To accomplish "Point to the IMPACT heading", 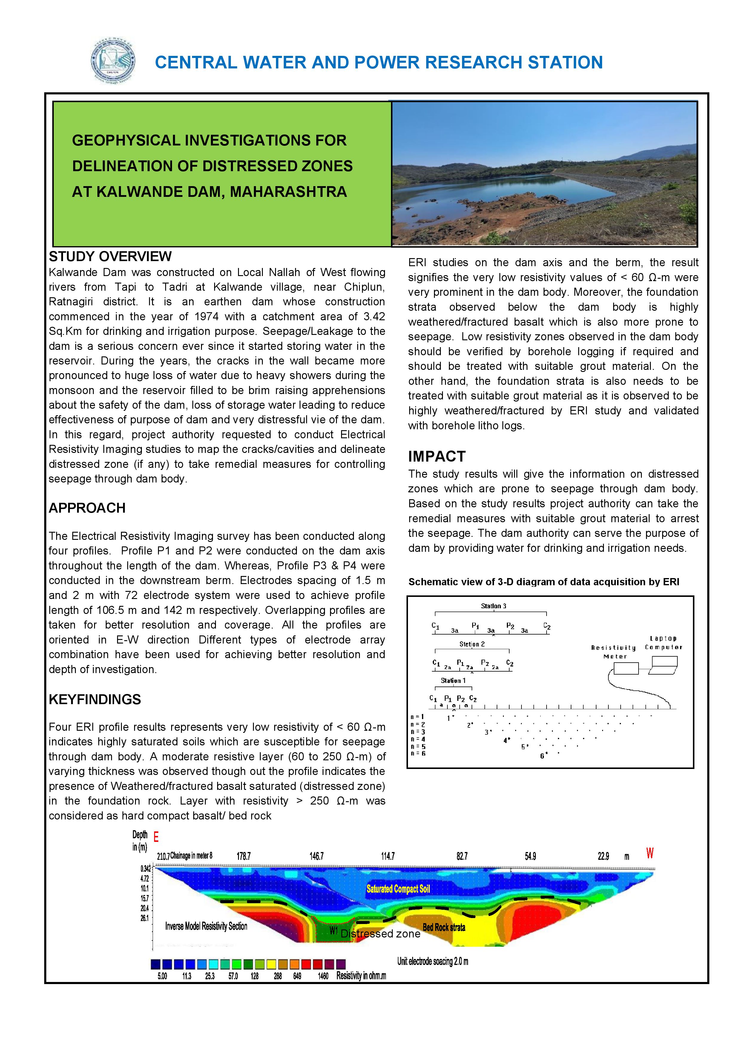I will click(437, 456).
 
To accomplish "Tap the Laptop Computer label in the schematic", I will click(663, 643).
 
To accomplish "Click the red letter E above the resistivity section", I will click(156, 837).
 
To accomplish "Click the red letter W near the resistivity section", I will click(650, 853).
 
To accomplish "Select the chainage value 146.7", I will click(316, 856).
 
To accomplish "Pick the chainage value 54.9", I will click(530, 856).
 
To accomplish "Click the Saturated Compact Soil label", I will click(398, 889).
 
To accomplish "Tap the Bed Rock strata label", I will click(444, 928).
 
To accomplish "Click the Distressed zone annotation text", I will click(380, 934).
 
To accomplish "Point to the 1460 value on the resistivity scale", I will click(323, 976).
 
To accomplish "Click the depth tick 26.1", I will click(144, 918).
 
